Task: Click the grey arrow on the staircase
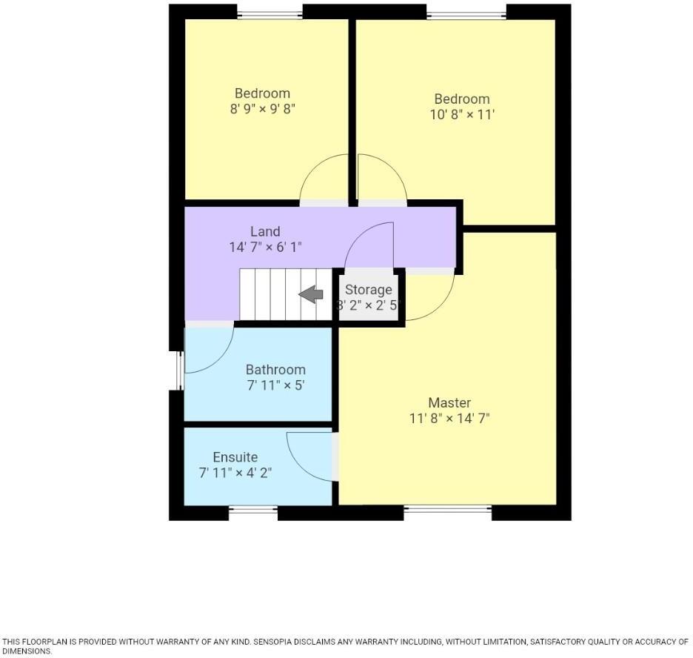(x=311, y=295)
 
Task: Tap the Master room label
(x=449, y=402)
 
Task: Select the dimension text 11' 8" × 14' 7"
(x=449, y=418)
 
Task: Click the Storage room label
(x=368, y=290)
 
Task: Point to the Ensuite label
(x=235, y=457)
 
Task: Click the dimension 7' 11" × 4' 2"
(x=235, y=473)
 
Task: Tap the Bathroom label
(x=275, y=369)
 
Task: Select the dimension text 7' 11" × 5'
(x=275, y=385)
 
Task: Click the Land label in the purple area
(x=265, y=231)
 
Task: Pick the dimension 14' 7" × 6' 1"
(x=265, y=247)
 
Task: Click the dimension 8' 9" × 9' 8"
(x=262, y=109)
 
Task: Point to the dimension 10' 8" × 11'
(x=462, y=115)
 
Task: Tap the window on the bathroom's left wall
(x=178, y=370)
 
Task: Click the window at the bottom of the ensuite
(x=252, y=509)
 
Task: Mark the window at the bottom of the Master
(x=447, y=509)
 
